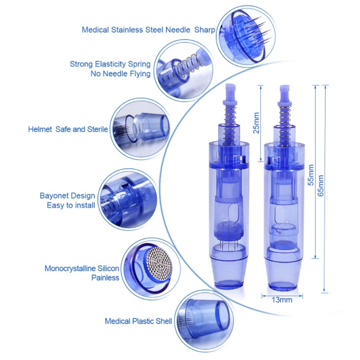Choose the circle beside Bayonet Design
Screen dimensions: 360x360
click(125, 198)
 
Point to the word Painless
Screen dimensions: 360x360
click(105, 278)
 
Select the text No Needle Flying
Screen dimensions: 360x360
click(121, 74)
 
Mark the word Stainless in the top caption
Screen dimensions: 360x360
click(131, 30)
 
